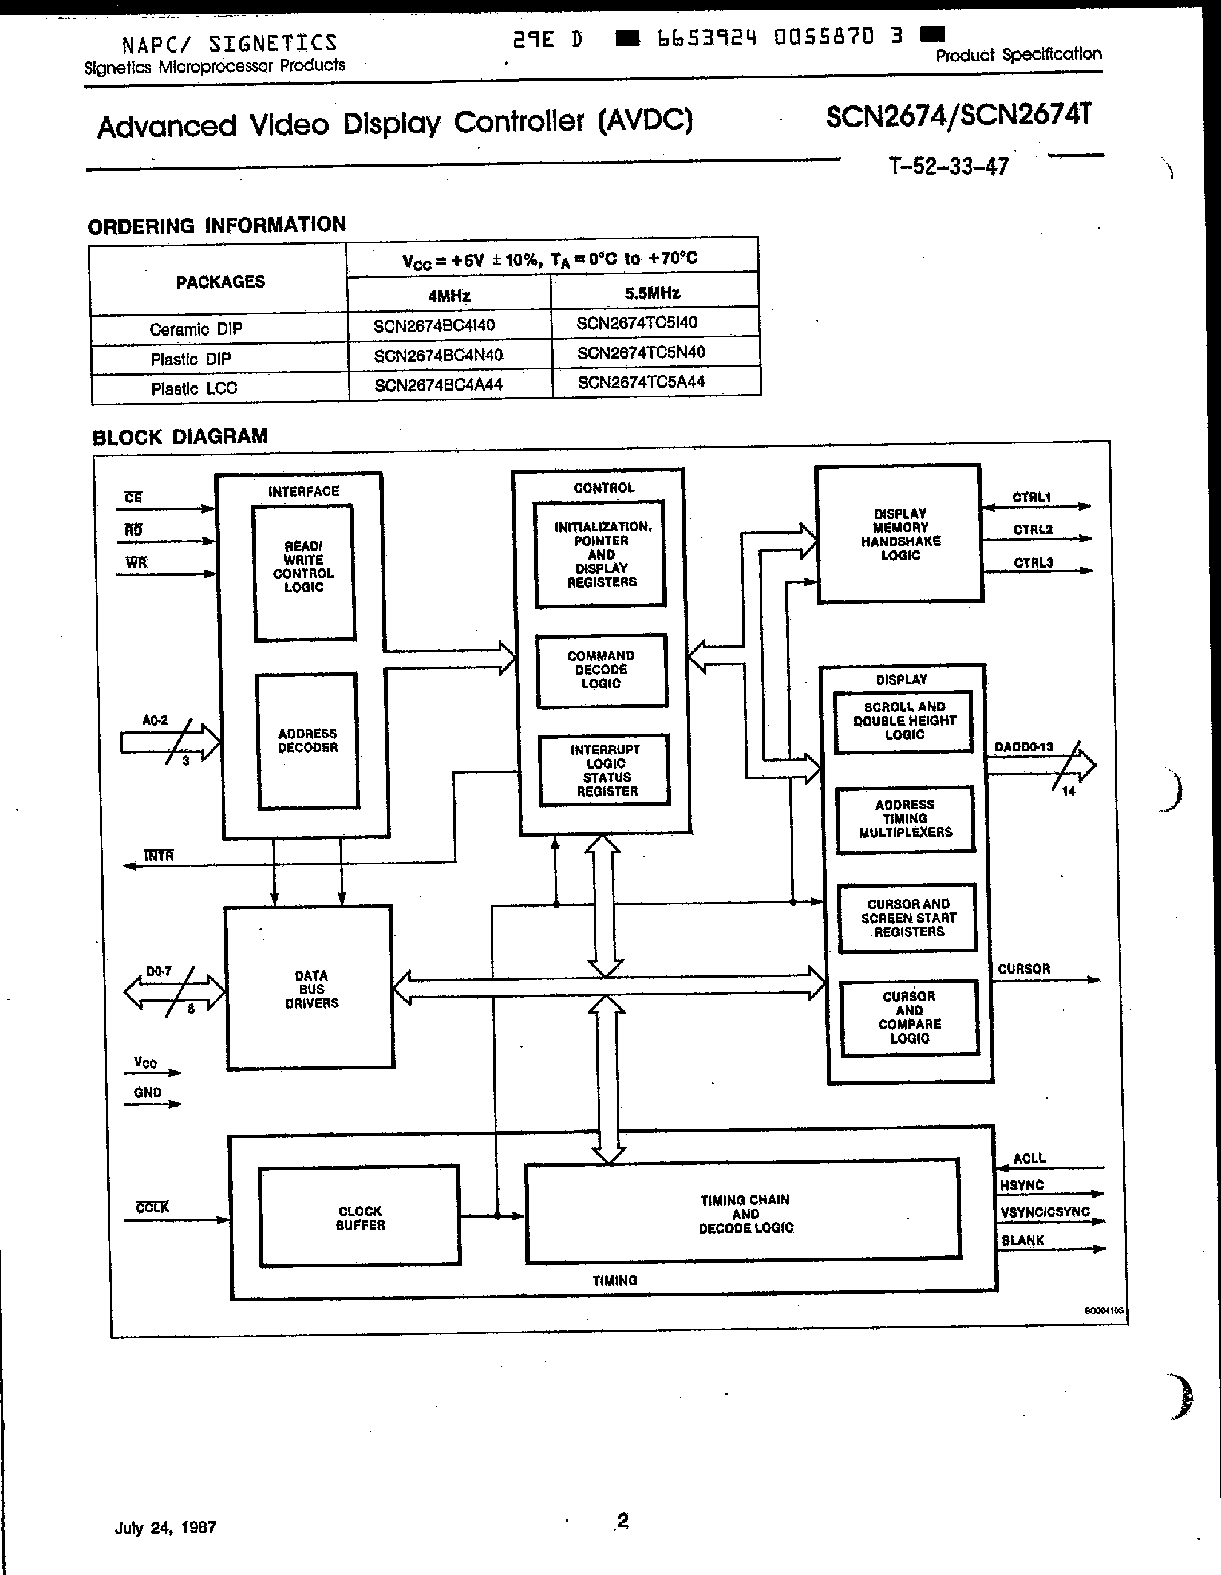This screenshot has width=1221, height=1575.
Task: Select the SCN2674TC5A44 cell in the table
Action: (641, 382)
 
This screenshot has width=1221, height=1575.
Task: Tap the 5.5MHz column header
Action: (653, 293)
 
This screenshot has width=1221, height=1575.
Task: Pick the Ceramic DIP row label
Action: (195, 329)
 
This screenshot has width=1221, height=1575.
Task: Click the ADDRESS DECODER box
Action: (308, 741)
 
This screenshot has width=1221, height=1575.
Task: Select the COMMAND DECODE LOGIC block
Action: (601, 670)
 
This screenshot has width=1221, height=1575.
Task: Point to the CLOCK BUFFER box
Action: (359, 1218)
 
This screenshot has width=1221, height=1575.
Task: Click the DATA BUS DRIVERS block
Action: (311, 989)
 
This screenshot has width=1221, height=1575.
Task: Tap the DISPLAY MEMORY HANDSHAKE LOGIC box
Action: (900, 534)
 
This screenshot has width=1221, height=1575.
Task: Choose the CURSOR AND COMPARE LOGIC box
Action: (909, 1018)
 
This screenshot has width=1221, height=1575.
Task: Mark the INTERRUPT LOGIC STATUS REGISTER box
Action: (606, 770)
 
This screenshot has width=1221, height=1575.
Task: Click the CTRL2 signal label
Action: (1033, 530)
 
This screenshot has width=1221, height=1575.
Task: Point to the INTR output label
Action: (159, 856)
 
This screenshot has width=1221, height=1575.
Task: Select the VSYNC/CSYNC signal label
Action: (1045, 1212)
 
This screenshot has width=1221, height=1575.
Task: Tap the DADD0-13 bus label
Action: (1024, 747)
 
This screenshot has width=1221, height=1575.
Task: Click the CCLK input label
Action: (152, 1207)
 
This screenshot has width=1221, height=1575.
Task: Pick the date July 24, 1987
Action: (165, 1527)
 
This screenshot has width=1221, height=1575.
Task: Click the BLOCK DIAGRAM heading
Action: (180, 437)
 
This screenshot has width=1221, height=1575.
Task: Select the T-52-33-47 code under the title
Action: (948, 167)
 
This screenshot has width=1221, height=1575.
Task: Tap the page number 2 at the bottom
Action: (623, 1521)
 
